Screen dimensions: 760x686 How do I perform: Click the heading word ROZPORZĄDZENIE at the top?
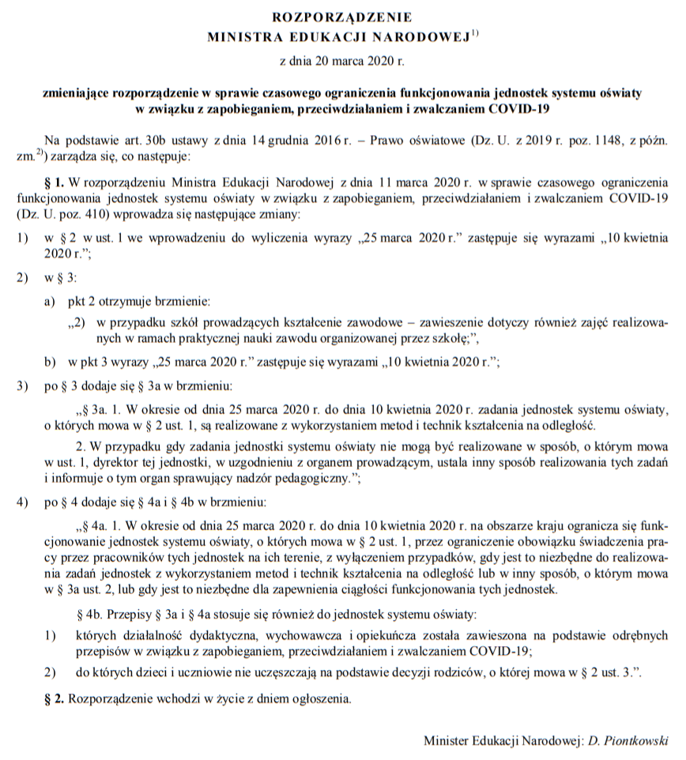pos(342,16)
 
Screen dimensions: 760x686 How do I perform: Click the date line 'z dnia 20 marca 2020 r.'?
pos(342,59)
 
